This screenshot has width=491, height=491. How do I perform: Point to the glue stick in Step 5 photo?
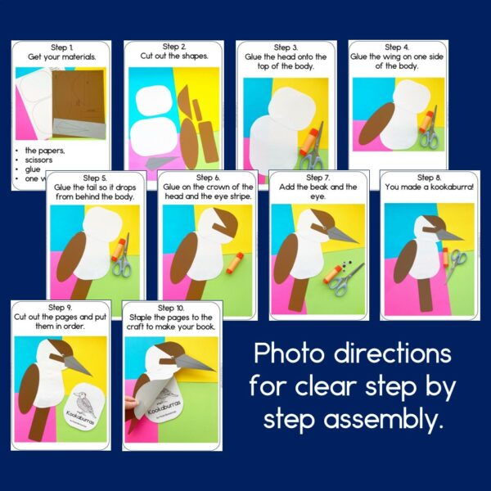coord(119,246)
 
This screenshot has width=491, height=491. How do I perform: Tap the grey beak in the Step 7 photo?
coord(341,234)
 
